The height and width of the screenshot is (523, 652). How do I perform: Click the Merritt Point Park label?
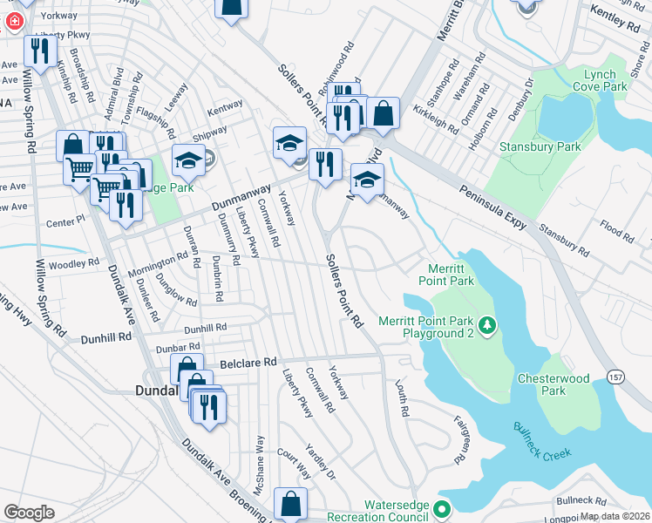click(452, 275)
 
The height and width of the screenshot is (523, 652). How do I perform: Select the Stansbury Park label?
click(540, 147)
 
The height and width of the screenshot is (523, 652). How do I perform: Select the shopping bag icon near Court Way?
click(290, 505)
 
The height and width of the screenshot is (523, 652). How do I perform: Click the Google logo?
click(29, 513)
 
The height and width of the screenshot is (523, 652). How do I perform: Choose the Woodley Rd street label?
click(75, 263)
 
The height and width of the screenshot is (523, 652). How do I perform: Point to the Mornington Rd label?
click(159, 265)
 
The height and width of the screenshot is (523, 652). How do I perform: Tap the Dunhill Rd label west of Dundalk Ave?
click(106, 336)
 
